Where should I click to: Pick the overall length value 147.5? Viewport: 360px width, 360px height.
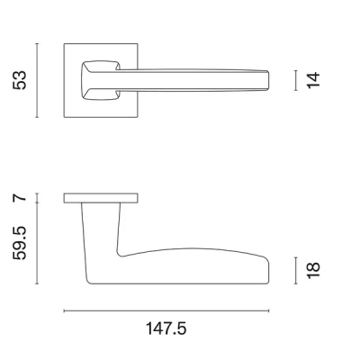pos(166,329)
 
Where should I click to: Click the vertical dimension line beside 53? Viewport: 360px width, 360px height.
pos(37,79)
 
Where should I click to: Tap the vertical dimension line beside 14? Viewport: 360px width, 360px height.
pos(296,80)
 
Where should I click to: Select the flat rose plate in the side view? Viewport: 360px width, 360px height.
pos(101,197)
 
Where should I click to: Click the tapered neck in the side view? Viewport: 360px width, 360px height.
pos(101,225)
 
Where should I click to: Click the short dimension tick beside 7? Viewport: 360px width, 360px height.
pos(37,197)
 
